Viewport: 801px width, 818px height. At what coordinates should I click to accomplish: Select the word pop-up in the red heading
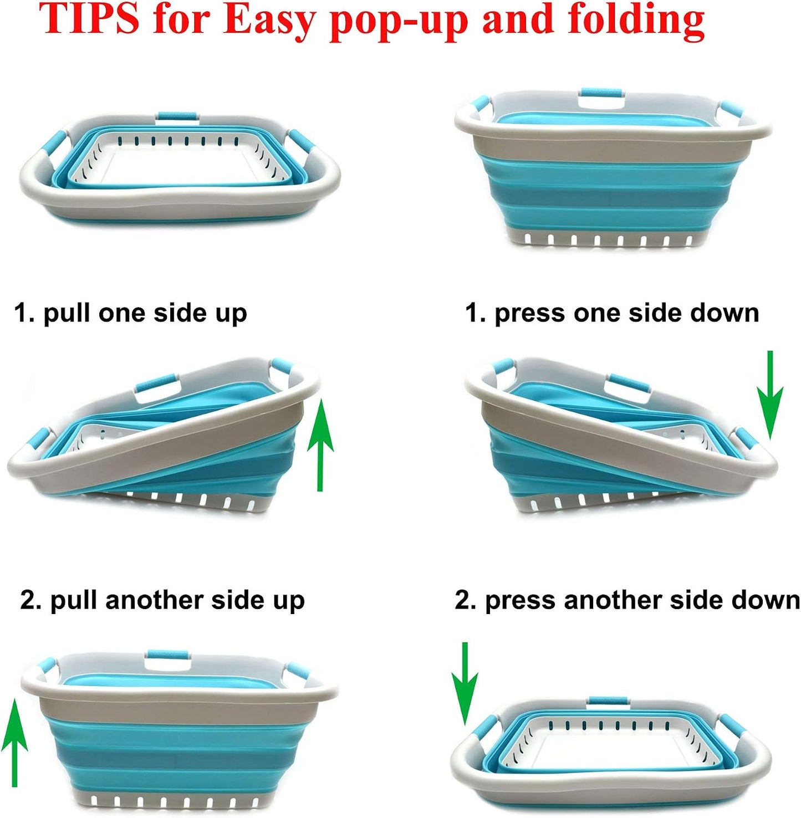[x=400, y=22]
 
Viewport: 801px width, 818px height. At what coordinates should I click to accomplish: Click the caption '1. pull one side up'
[x=130, y=314]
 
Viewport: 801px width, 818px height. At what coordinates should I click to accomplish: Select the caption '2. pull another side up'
[x=162, y=601]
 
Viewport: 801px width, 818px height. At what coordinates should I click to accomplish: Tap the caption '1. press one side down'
[x=612, y=314]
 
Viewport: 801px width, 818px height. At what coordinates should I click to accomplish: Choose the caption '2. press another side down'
[x=627, y=601]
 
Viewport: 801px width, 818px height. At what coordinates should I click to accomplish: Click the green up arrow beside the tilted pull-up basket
[x=320, y=446]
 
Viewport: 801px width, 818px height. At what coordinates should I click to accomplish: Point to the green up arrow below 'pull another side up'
[x=14, y=743]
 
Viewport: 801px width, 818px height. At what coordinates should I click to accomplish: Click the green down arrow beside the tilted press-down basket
[x=770, y=395]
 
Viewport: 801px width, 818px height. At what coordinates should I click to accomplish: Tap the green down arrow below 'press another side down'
[x=465, y=683]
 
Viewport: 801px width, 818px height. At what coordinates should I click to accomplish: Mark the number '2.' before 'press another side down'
[x=466, y=600]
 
